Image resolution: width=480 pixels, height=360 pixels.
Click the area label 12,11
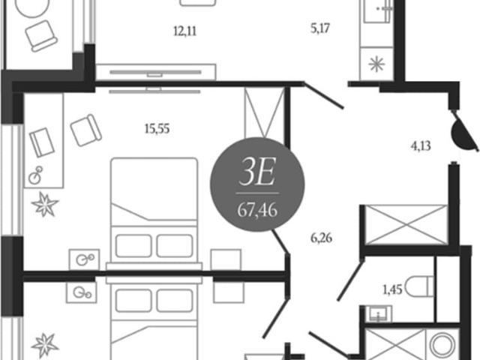coord(185,31)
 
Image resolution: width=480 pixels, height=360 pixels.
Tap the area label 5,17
coord(320,28)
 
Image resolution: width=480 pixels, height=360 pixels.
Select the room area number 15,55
coord(157,129)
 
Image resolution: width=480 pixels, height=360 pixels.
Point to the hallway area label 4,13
coord(421,146)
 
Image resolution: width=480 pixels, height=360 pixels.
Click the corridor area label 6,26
coord(322,238)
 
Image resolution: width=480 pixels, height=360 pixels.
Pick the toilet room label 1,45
coord(392,289)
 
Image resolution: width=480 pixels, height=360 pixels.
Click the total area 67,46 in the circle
coord(257,210)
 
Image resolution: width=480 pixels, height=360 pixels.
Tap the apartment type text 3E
coord(257,172)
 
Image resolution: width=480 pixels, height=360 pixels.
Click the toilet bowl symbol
coord(419,286)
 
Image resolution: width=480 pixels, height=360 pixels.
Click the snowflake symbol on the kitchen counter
coord(376,64)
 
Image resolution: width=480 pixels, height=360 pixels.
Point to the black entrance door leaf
coord(464,131)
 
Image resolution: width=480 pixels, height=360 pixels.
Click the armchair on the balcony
coord(41,36)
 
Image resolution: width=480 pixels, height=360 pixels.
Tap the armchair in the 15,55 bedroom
coord(86,130)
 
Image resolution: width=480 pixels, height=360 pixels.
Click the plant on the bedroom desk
coord(36,175)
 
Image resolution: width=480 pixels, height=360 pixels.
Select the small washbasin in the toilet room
coord(378,314)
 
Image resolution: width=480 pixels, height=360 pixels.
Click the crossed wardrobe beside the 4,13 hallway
coord(406,225)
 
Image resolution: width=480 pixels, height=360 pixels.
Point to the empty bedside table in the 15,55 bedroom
coord(226,259)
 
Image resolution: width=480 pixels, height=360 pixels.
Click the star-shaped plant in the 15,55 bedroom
coord(45,205)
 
